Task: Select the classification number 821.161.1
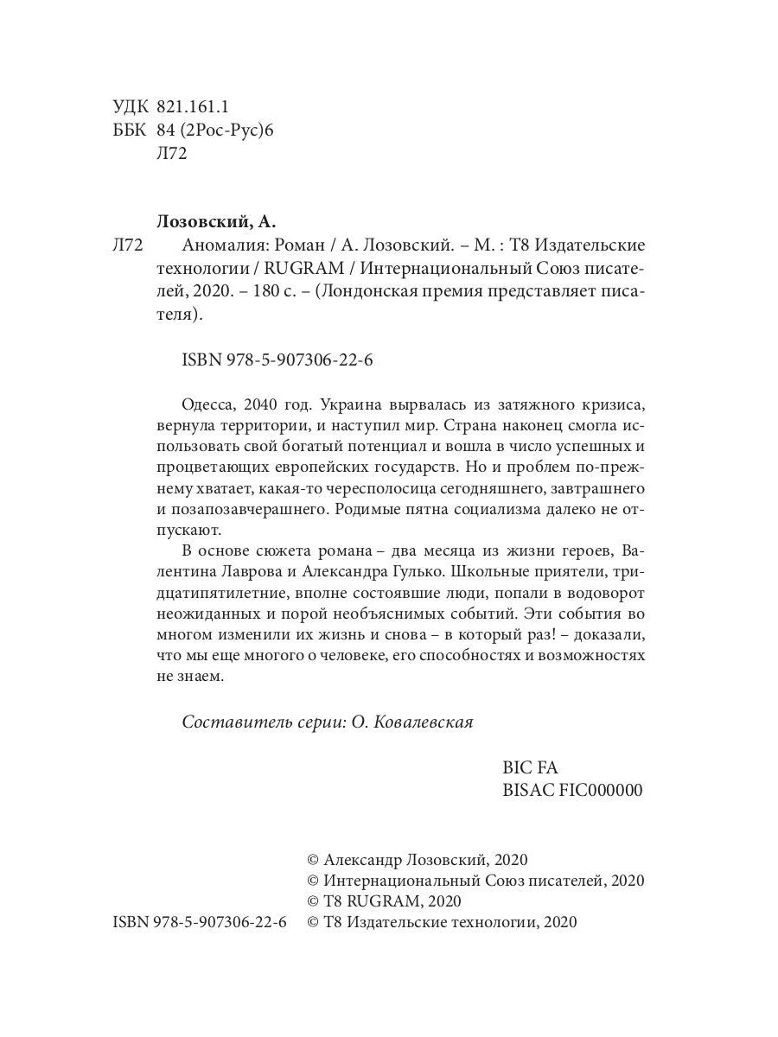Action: [x=193, y=107]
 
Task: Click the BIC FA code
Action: [x=531, y=767]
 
